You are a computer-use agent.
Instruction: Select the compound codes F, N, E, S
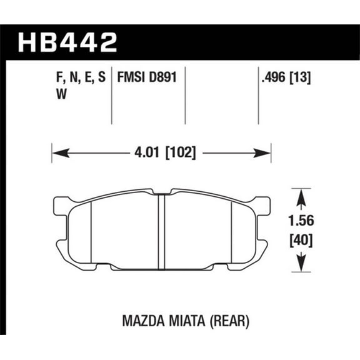point(77,79)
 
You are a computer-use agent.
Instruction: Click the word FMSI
point(131,79)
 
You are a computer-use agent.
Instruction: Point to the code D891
point(163,79)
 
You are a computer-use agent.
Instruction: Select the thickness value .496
point(276,79)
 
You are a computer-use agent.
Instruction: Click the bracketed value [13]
point(303,79)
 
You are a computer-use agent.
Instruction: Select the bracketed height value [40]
point(301,239)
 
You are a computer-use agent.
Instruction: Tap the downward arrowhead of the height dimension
point(301,264)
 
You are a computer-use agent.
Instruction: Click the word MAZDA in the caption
point(136,321)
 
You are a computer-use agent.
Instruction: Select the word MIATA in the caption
point(181,321)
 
